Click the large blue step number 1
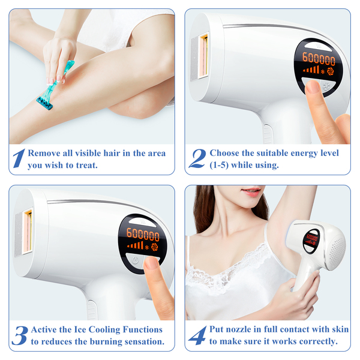[19, 158]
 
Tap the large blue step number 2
[197, 158]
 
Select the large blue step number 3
[20, 335]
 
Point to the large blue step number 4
[197, 335]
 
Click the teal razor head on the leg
[44, 103]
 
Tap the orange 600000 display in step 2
[319, 59]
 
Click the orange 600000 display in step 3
[143, 235]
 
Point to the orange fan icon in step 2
[330, 71]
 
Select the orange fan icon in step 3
[154, 247]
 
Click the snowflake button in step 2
[326, 86]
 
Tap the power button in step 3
[136, 260]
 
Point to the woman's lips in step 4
[251, 191]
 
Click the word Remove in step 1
[44, 153]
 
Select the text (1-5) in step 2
[219, 165]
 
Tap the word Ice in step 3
[80, 329]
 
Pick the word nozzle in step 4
[238, 329]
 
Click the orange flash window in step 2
[203, 56]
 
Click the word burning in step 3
[106, 342]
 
